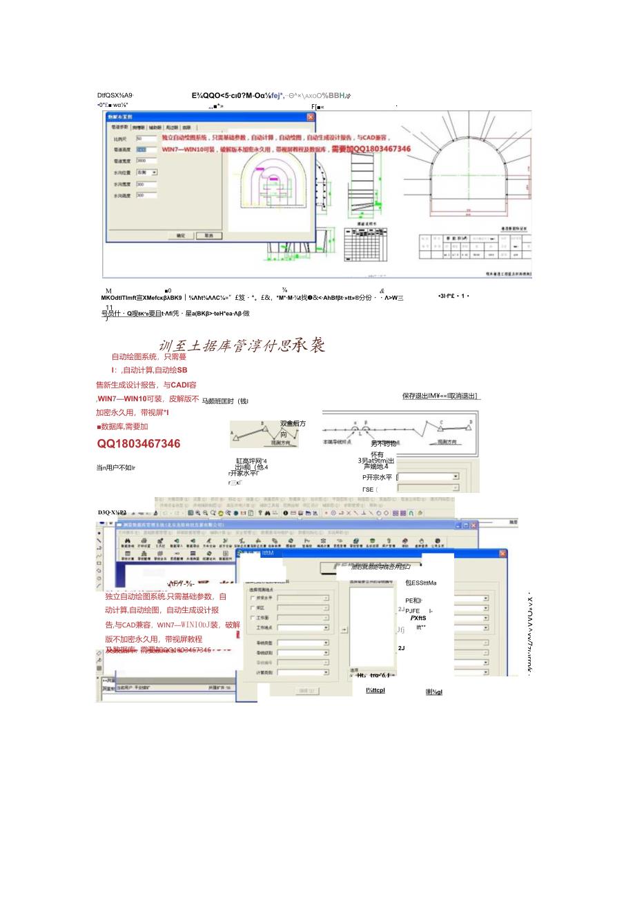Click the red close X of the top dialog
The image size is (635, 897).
(310, 117)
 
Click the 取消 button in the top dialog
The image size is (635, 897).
(204, 236)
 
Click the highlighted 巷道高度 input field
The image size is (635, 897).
(146, 150)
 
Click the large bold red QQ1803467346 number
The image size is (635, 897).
(139, 444)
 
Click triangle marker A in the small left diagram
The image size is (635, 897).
(235, 435)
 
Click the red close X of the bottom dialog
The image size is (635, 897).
(502, 554)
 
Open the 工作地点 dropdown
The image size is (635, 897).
(326, 628)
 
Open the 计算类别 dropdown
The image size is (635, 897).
(326, 672)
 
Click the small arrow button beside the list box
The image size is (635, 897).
(344, 629)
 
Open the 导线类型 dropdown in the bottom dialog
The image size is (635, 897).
(326, 643)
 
